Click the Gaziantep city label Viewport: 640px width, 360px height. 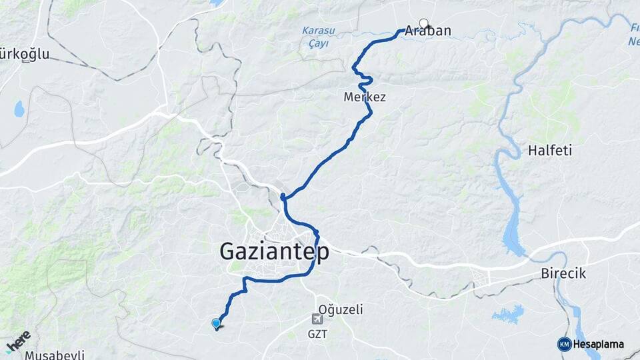pyautogui.click(x=274, y=251)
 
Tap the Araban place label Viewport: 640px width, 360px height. pyautogui.click(x=427, y=31)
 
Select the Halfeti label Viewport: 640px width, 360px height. pyautogui.click(x=550, y=151)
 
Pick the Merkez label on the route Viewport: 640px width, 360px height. pyautogui.click(x=365, y=97)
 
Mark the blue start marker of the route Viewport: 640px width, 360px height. pyautogui.click(x=216, y=324)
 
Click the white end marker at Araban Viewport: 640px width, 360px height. pyautogui.click(x=423, y=23)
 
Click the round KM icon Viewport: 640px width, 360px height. pyautogui.click(x=564, y=344)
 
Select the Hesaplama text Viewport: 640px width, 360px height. pyautogui.click(x=598, y=345)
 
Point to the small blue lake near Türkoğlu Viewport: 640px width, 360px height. pyautogui.click(x=19, y=109)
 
